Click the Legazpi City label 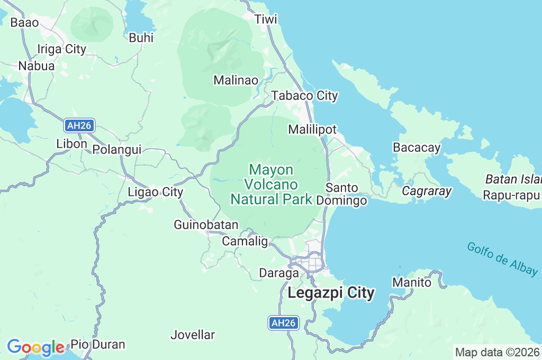[x=331, y=293]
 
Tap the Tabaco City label [x=304, y=96]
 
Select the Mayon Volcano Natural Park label [x=271, y=184]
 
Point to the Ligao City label [x=156, y=192]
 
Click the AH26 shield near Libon [x=80, y=125]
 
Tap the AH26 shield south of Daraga [x=284, y=323]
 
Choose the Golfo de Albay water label [x=502, y=258]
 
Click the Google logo [x=35, y=347]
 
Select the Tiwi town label [x=266, y=20]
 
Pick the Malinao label [x=236, y=80]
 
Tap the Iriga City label [x=61, y=49]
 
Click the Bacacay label [x=417, y=148]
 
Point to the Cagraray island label [x=427, y=191]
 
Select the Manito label [x=412, y=283]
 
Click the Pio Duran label [x=98, y=345]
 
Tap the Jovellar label [x=193, y=335]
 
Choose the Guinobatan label [x=206, y=225]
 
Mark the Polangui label [x=117, y=150]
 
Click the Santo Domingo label [x=342, y=194]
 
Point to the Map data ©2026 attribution [x=498, y=353]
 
